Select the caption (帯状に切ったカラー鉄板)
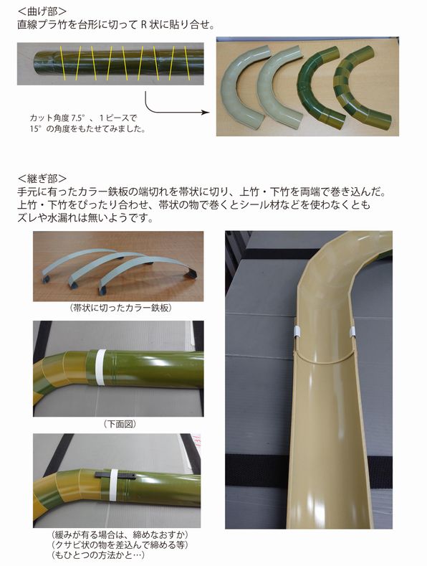tap(118, 308)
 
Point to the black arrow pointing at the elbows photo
tap(172, 108)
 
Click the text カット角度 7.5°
tap(64, 117)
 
